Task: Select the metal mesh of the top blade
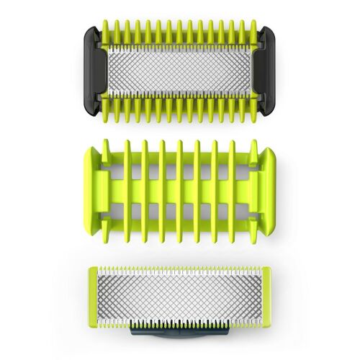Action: [179, 71]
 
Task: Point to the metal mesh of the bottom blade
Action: [180, 295]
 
